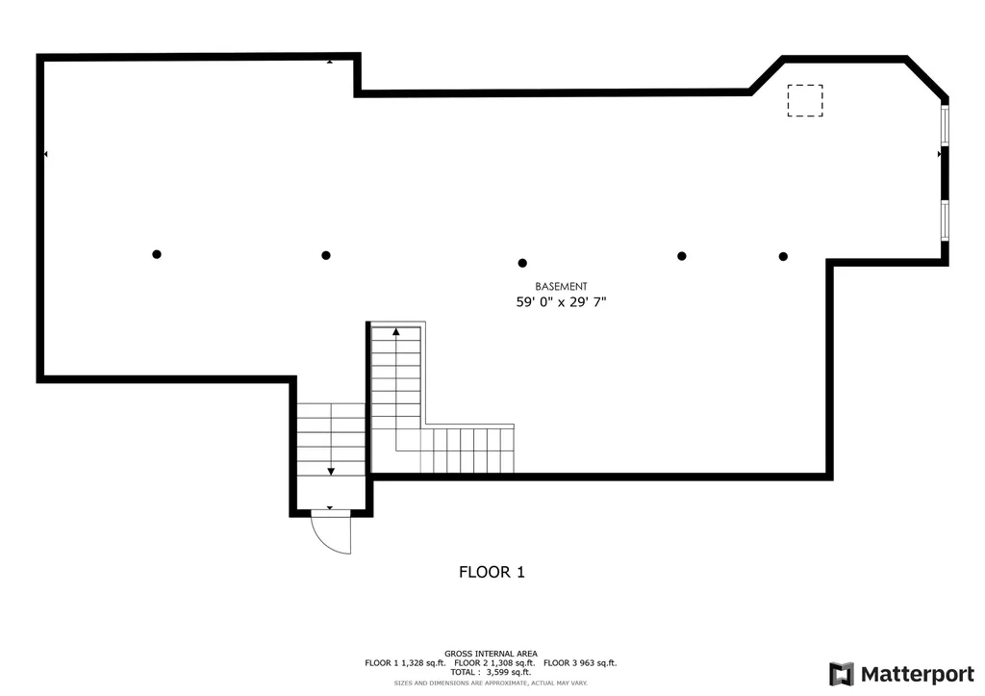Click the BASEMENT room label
pos(561,286)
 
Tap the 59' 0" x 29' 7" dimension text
pos(561,301)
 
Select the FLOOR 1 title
pos(492,572)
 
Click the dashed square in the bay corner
pos(805,100)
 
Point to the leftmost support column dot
pos(157,254)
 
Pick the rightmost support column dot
pos(783,256)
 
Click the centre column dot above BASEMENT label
pos(522,263)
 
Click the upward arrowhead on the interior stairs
pos(395,331)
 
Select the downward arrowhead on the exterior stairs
pos(331,472)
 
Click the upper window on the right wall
pos(945,126)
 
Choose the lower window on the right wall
pos(945,219)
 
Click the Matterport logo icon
pos(842,674)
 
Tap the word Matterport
pos(918,675)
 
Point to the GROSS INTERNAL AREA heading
pos(492,654)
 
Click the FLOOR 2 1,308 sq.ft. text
pos(495,662)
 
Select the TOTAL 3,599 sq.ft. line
pos(491,672)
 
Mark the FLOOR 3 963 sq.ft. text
pos(580,662)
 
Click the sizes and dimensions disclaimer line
pos(491,683)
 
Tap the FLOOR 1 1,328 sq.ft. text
pos(405,662)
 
